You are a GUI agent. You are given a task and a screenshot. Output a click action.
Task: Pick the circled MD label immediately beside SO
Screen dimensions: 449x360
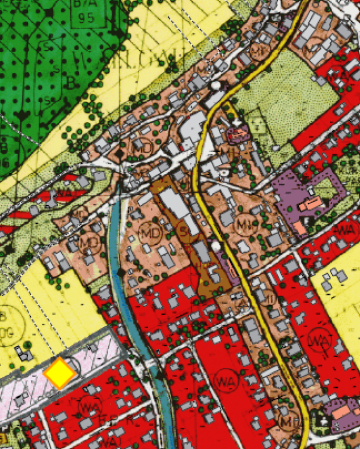pyautogui.click(x=154, y=232)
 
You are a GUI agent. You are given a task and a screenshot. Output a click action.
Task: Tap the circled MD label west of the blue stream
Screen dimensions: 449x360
pyautogui.click(x=89, y=244)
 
